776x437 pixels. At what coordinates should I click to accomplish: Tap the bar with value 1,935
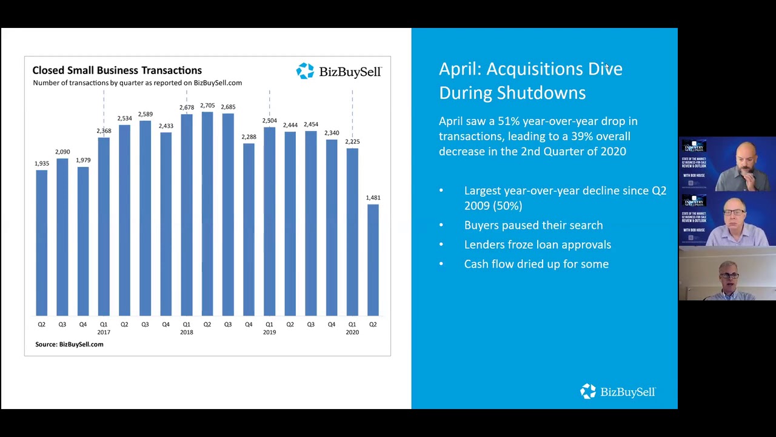tap(42, 243)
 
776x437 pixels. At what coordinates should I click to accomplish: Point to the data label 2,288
tap(249, 137)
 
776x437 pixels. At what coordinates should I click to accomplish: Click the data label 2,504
tap(269, 121)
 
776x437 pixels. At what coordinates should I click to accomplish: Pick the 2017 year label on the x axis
tap(104, 333)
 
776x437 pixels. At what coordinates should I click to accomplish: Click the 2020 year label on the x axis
tap(352, 333)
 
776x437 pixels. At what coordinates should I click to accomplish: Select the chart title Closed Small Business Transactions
tap(117, 70)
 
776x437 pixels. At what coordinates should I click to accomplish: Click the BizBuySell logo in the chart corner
tap(338, 72)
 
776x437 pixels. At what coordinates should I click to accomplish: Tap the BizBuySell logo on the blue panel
tap(618, 391)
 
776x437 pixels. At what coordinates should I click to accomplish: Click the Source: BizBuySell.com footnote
tap(69, 344)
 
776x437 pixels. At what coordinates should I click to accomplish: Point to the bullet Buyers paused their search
tap(533, 225)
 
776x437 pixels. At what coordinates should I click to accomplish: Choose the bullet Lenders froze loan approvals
tap(537, 245)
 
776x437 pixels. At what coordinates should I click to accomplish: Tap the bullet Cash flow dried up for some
tap(536, 264)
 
